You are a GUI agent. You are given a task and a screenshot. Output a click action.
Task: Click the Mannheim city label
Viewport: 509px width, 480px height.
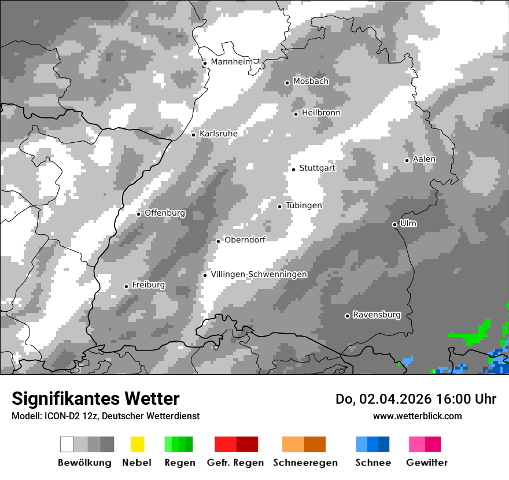coord(233,62)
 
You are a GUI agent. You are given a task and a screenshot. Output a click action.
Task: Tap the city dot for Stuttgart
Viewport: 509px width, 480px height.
coord(293,169)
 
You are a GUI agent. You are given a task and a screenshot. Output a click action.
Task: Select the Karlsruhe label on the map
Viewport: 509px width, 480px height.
coord(219,134)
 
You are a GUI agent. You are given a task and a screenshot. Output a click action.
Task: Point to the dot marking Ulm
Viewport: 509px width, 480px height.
coord(394,224)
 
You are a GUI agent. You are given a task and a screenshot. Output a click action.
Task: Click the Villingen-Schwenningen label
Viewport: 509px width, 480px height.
coord(259,275)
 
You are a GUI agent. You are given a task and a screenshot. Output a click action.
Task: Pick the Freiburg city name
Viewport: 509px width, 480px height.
coord(148,285)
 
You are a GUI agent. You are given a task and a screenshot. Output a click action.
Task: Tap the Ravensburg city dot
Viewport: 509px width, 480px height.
coord(347,316)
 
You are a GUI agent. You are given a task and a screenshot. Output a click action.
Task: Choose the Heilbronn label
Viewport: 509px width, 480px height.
coord(321,113)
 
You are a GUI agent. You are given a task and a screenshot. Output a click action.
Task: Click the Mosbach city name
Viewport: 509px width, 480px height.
coord(311,82)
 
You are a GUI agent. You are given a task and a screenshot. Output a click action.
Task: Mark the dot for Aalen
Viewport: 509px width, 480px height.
coord(407,160)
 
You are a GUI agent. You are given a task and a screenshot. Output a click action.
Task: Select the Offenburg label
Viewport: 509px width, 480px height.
coord(165,213)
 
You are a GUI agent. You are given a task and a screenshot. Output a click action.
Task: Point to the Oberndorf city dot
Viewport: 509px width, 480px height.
coord(218,241)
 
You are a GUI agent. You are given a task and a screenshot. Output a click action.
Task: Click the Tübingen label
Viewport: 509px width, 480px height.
coord(304,206)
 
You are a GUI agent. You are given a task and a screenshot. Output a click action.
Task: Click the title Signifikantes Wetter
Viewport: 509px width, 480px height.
coord(95,399)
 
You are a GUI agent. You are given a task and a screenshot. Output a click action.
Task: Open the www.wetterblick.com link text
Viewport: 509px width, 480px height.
coord(417,416)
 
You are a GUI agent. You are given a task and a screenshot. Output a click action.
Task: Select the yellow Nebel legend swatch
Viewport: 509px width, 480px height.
coord(137,444)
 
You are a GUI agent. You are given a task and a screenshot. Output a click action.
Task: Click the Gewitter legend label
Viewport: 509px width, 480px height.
coord(427,463)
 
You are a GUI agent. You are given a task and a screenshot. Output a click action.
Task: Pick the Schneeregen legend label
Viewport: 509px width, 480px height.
coord(305,463)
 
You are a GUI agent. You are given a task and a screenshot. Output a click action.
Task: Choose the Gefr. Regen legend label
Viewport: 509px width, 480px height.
coord(235,463)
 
